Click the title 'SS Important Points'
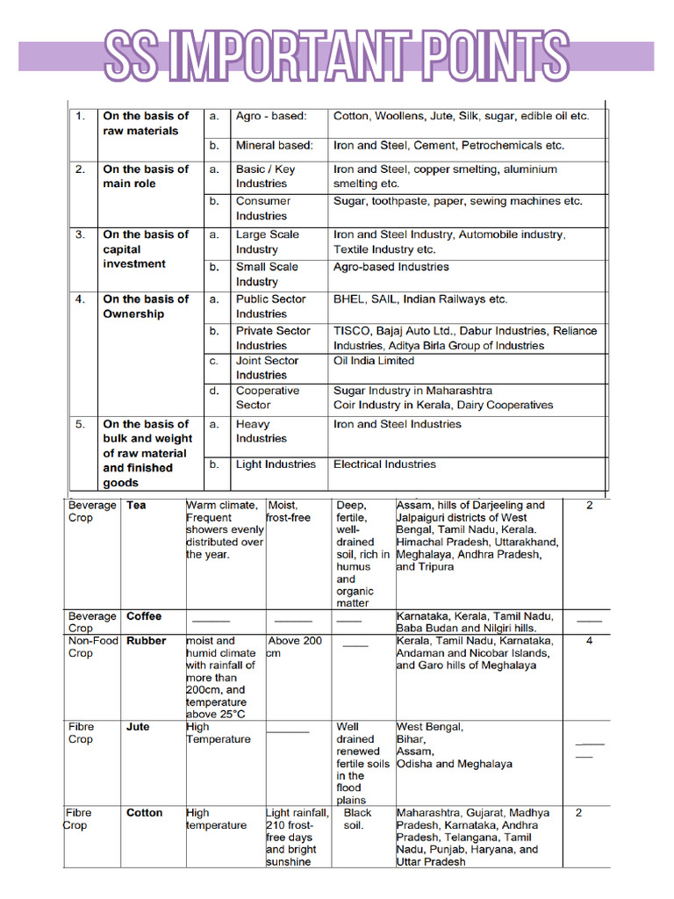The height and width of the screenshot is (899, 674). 337,55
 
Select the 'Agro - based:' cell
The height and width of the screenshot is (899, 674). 271,116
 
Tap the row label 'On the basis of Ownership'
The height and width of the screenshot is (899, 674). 145,306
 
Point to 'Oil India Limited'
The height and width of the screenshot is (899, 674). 373,361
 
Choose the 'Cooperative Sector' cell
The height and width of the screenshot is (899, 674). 267,398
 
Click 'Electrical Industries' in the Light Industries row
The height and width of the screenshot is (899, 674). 384,464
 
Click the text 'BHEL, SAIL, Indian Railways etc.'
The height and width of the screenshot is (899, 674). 419,299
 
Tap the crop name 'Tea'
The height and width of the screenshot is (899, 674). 136,506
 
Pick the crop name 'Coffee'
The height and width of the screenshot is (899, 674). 144,616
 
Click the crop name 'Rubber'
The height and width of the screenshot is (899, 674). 146,641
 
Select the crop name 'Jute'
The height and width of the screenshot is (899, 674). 138,727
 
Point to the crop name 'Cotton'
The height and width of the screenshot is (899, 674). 144,813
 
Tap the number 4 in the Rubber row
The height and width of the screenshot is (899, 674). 589,641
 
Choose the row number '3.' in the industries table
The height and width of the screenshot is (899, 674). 80,234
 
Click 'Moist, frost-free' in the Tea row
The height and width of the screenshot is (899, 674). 289,512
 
